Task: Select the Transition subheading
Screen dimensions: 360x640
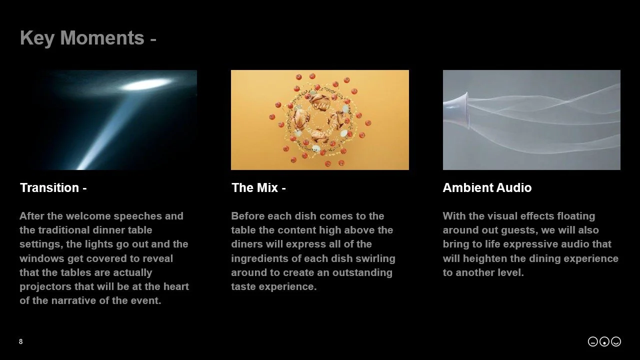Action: pyautogui.click(x=53, y=188)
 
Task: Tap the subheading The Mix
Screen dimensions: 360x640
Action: pyautogui.click(x=258, y=188)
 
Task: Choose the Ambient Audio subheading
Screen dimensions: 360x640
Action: pyautogui.click(x=487, y=188)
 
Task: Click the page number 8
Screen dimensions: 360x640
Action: pyautogui.click(x=20, y=341)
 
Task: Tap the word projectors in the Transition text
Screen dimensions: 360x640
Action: pyautogui.click(x=44, y=287)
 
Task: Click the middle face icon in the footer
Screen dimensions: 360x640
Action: pyautogui.click(x=604, y=341)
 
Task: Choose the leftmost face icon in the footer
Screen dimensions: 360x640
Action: pyautogui.click(x=593, y=341)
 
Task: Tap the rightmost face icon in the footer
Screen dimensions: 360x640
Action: pyautogui.click(x=616, y=341)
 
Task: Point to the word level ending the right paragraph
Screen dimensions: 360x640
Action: pyautogui.click(x=509, y=273)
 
